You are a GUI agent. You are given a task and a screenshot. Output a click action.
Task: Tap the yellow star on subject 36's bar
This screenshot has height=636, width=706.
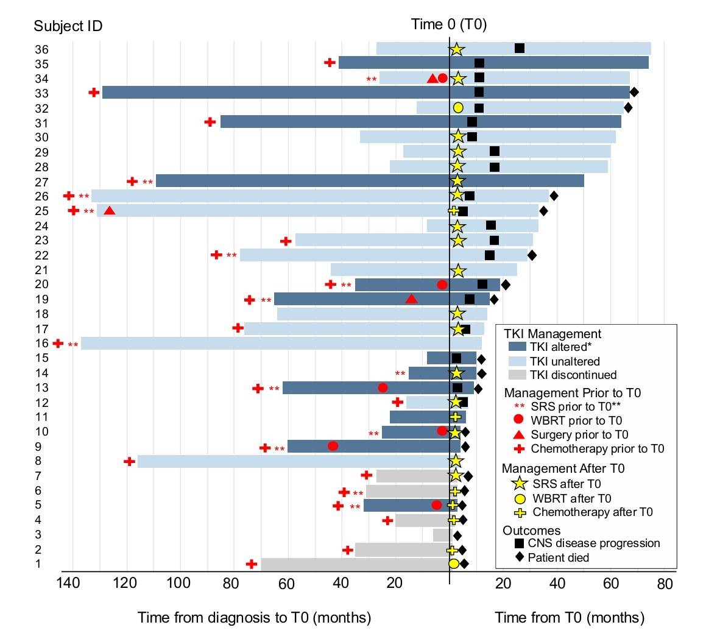click(456, 49)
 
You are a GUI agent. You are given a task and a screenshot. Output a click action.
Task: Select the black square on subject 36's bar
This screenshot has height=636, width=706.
click(519, 48)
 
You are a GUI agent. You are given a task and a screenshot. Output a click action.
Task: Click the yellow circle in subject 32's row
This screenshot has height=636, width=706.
click(458, 108)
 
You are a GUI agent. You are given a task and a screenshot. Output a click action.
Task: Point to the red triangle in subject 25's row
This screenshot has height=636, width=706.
click(109, 211)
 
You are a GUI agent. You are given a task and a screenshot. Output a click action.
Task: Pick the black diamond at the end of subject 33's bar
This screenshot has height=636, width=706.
click(634, 92)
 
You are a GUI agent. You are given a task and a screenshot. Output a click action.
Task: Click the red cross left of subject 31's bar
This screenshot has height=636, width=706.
click(210, 122)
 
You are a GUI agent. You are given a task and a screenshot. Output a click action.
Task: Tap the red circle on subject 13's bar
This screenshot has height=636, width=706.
click(382, 387)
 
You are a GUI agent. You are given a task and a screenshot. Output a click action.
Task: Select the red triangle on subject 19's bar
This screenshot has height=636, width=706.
click(411, 299)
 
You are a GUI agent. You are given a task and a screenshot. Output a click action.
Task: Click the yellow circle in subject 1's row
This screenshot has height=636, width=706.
click(453, 564)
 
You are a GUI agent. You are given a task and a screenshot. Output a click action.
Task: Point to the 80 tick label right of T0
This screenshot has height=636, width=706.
click(665, 584)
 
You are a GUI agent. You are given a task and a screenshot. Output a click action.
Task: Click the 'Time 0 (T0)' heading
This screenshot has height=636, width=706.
click(449, 24)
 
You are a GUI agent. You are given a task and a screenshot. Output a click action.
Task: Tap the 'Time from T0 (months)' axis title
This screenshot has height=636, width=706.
click(569, 618)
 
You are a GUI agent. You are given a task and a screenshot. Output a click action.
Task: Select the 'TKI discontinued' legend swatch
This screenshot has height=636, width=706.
click(518, 375)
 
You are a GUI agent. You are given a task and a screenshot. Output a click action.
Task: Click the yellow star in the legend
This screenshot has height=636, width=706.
click(518, 484)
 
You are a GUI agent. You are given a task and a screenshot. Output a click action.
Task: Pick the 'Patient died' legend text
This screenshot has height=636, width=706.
click(558, 557)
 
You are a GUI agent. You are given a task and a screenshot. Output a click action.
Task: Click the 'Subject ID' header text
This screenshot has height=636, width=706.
click(68, 26)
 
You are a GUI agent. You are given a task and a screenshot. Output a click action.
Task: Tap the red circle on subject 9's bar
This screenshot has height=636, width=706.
click(333, 446)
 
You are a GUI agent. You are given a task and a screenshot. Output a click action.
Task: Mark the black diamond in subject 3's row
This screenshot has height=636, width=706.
click(457, 535)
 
